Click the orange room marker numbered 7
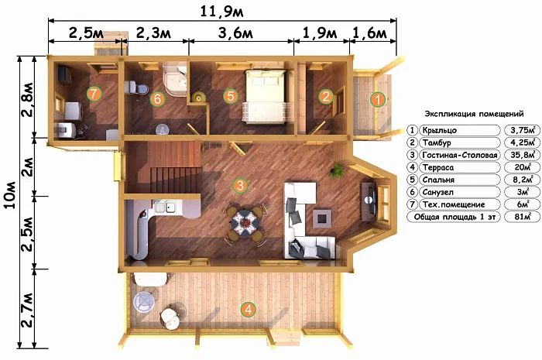pos(94,93)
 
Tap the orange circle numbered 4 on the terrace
pos(249,309)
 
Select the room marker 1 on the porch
pos(378,100)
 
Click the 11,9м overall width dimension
pos(222,12)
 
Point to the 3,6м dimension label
pos(235,33)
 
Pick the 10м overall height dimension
pos(11,194)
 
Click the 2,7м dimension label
pos(27,310)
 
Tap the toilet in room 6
pos(135,87)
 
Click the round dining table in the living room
pos(245,222)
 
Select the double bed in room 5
pos(266,96)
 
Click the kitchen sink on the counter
pos(164,207)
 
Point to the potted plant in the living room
pos(337,170)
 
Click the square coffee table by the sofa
pos(322,218)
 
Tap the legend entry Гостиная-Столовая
pos(460,155)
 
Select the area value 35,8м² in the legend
pos(523,155)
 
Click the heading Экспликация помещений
pos(474,114)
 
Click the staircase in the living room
pos(170,167)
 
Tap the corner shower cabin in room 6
pos(175,78)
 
